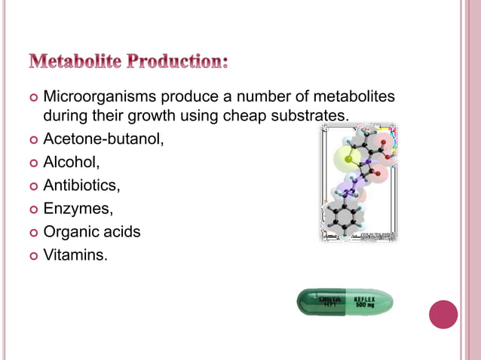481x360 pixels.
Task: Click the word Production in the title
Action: click(x=178, y=60)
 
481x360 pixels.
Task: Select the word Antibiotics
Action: click(x=81, y=185)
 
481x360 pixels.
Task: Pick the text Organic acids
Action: click(x=92, y=232)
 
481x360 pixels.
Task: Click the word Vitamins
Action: click(x=75, y=255)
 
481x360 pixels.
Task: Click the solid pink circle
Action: click(x=443, y=314)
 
